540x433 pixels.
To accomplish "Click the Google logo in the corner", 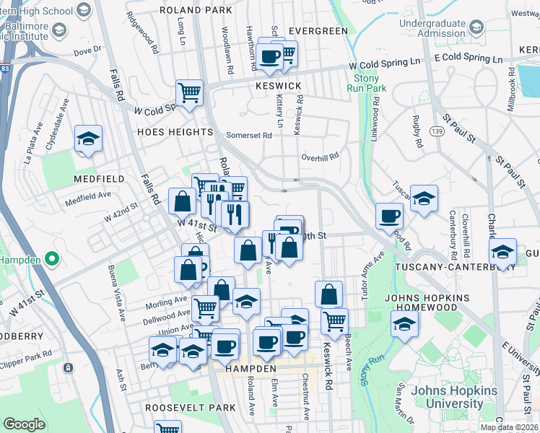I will [24, 424].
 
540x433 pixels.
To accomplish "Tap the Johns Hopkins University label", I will [454, 397].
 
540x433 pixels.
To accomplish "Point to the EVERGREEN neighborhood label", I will [318, 31].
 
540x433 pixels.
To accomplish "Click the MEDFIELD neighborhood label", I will [97, 178].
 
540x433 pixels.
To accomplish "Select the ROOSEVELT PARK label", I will [191, 408].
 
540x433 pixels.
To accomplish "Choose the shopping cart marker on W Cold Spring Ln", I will [189, 92].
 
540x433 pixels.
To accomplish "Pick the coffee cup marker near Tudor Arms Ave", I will [390, 215].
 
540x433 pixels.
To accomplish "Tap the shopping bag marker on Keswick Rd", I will [329, 294].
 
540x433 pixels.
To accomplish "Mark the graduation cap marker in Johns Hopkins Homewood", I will [404, 324].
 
